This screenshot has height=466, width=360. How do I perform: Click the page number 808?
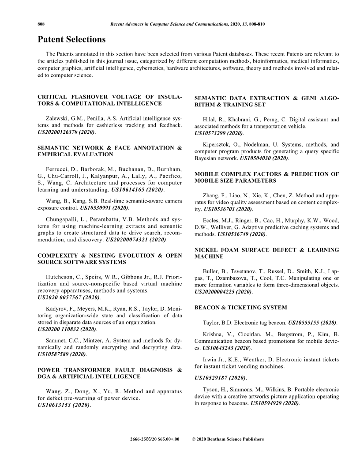41,24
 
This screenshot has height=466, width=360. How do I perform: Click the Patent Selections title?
71,40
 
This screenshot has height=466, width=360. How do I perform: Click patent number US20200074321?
136,239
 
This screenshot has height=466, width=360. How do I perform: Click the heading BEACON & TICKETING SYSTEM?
240,307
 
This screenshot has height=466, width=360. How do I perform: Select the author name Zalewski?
59,119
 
